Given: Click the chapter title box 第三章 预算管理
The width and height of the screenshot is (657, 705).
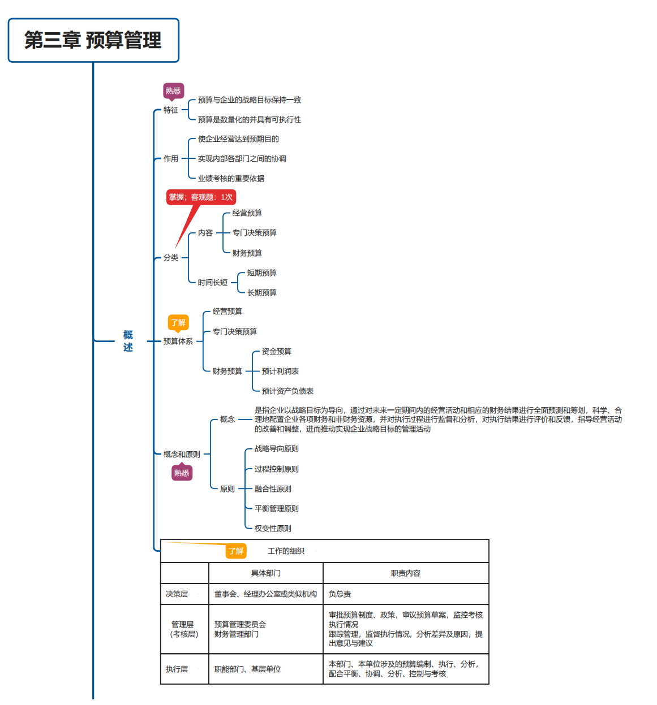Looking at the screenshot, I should coord(93,41).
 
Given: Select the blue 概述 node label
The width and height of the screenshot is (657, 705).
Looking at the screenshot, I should coord(128,341).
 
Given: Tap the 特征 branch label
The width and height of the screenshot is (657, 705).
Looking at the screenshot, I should coord(171,110).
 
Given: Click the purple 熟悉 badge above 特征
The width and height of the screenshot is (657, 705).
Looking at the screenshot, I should coord(173,90).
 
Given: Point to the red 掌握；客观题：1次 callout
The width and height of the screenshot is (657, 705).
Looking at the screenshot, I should coord(201,197).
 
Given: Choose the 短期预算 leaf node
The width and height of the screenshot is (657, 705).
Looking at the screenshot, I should coord(261,273).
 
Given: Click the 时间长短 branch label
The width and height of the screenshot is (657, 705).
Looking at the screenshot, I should coord(213,283).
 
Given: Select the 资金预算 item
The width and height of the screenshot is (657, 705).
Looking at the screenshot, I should coord(276,352).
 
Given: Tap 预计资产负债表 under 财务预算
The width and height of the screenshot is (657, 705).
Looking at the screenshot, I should coord(287,391).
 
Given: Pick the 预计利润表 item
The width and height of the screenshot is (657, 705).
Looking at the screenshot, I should coord(280,371).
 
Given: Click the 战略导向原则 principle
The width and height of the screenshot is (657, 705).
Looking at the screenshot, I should coord(276,449).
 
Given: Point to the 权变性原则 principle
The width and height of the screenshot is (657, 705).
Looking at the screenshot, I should coord(273,529).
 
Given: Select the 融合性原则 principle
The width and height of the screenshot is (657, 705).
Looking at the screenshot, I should coord(273,489).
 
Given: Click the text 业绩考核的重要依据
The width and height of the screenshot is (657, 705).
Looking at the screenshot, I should coord(231,179).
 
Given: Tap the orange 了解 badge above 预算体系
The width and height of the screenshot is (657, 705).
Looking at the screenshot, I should coord(178,323).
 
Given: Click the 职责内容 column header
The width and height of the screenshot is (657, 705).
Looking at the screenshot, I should coord(406,573).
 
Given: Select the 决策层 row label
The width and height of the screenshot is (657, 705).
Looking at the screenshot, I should coord(177,594).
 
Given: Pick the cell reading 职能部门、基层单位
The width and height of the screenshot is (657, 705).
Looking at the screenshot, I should coord(247,669).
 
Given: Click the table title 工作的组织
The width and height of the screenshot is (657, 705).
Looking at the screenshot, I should coord(286,551).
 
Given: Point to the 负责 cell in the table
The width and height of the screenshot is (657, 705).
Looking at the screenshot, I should coord(340,594).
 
